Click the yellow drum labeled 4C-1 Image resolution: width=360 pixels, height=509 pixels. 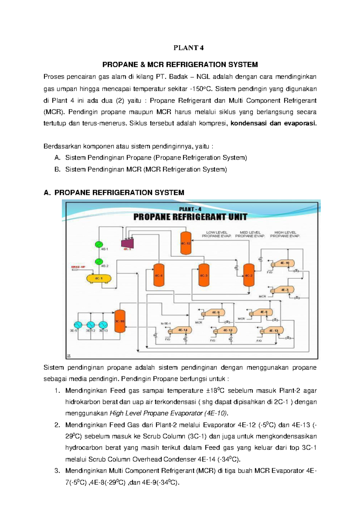(x=99, y=278)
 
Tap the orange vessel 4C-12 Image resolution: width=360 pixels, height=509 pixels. (x=186, y=243)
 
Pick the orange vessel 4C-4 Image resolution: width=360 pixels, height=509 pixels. (x=159, y=275)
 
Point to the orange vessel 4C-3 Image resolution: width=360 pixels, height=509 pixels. (x=204, y=275)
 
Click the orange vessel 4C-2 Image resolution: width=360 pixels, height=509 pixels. (x=249, y=275)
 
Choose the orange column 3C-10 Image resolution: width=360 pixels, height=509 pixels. (x=120, y=321)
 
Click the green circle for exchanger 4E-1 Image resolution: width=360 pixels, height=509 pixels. (x=99, y=245)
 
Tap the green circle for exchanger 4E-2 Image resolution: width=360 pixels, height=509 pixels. (x=99, y=262)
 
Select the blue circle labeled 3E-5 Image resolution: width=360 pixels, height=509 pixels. (x=78, y=325)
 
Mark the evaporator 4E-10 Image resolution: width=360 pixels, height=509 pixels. (x=283, y=263)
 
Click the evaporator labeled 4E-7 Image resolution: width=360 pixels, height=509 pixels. (x=283, y=290)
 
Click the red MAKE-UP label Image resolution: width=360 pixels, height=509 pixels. (x=78, y=267)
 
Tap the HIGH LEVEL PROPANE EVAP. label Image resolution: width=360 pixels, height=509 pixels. (x=285, y=234)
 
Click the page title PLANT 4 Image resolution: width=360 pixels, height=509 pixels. (x=188, y=48)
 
